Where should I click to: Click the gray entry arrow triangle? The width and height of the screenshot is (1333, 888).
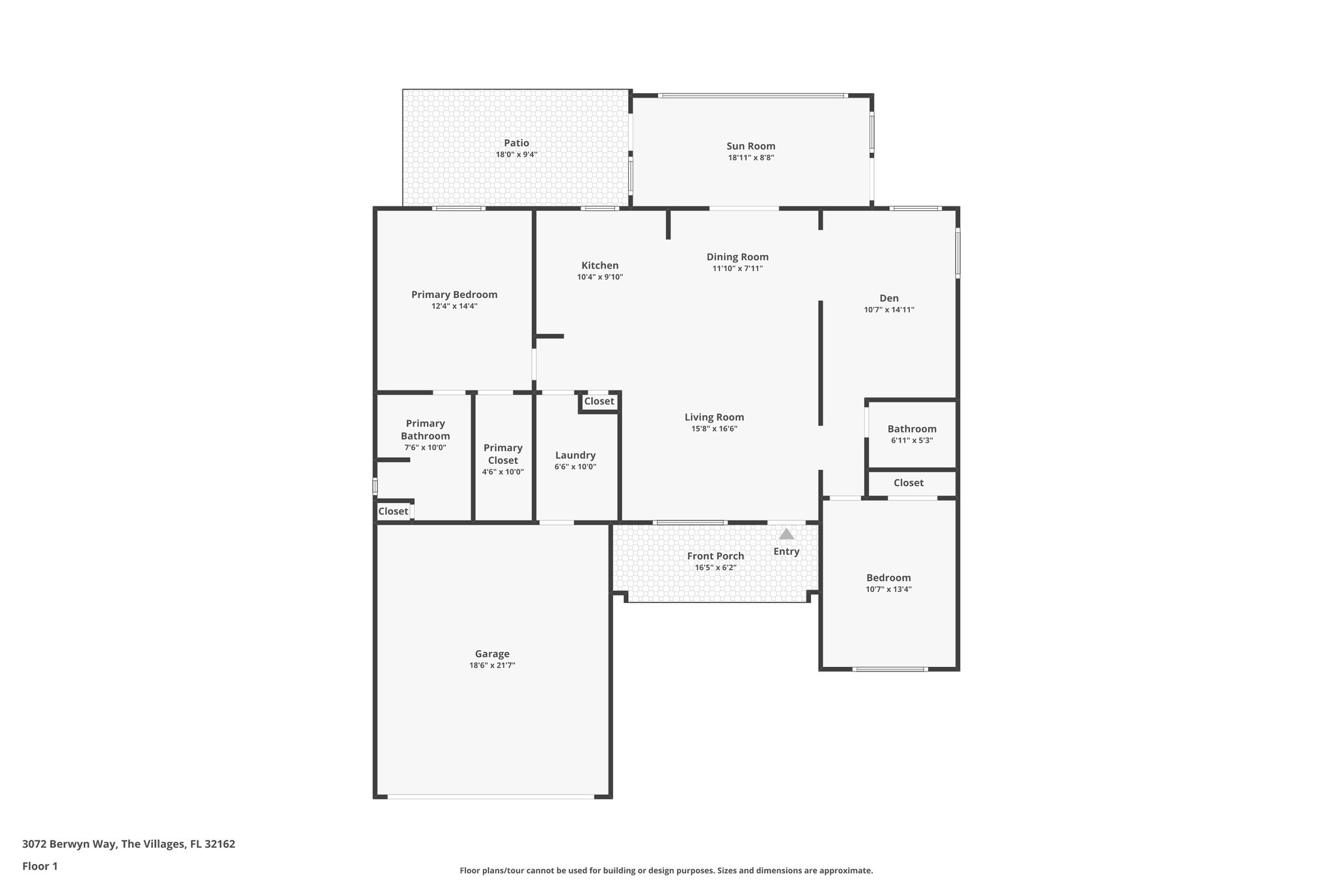pos(786,534)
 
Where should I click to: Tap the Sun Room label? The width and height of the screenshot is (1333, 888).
pos(750,146)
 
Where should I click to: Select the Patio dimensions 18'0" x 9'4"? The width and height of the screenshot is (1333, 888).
pos(516,155)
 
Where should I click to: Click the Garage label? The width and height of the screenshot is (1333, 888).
pos(492,654)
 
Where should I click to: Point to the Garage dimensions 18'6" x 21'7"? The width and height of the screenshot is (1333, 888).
pos(492,666)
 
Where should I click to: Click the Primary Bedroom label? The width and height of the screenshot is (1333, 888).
pos(454,295)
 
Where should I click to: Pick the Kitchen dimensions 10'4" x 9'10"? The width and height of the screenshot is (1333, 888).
pos(599,277)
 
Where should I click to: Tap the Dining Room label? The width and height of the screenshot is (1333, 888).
pos(737,257)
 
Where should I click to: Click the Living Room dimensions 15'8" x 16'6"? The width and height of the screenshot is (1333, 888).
pos(714,429)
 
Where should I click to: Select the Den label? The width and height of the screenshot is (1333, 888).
pos(889,299)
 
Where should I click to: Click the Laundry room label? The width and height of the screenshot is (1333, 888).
pos(575,455)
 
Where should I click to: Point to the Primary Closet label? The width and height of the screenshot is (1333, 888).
pos(503,454)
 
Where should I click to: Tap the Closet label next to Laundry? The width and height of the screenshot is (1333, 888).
pos(599,401)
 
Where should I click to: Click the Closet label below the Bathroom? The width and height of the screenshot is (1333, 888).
pos(908,483)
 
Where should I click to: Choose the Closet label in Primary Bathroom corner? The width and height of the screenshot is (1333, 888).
pos(393,511)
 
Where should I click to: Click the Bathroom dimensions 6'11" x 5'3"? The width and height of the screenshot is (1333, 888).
pos(912,440)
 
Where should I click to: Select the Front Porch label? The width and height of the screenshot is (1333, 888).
pos(715,556)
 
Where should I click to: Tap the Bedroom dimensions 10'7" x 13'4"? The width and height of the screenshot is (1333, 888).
pos(888,589)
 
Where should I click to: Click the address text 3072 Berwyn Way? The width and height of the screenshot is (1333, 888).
pos(70,844)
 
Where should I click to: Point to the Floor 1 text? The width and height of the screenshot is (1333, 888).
pos(40,866)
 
